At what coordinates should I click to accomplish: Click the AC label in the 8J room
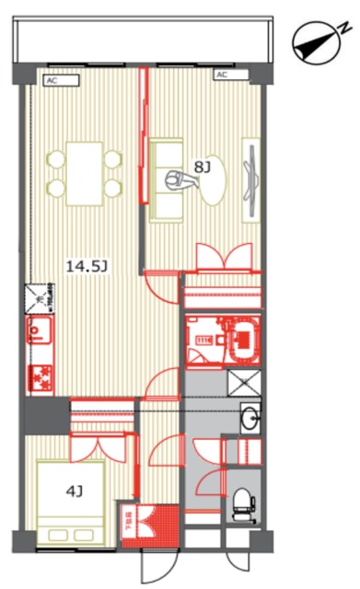[222, 75]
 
